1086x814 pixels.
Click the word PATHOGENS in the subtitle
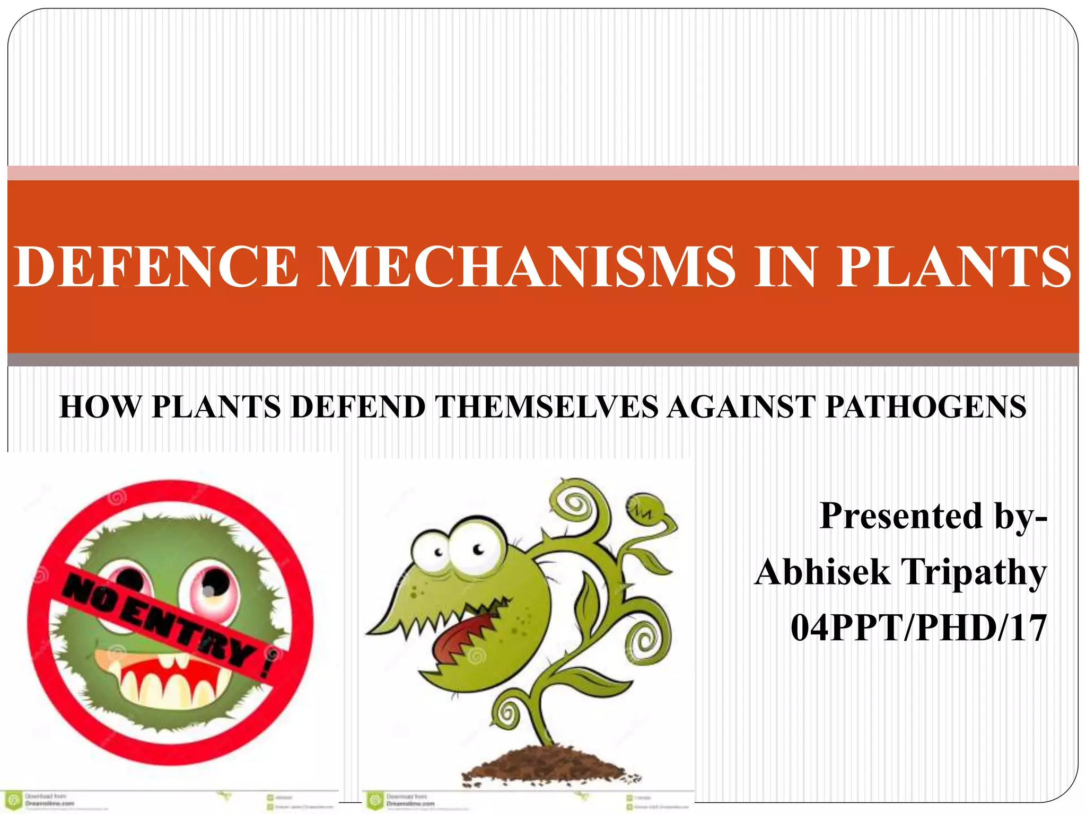pos(926,407)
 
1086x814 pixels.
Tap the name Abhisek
pos(822,572)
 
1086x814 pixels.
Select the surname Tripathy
pos(974,572)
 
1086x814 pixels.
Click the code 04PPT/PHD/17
pos(918,629)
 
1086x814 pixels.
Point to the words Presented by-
pos(933,516)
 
